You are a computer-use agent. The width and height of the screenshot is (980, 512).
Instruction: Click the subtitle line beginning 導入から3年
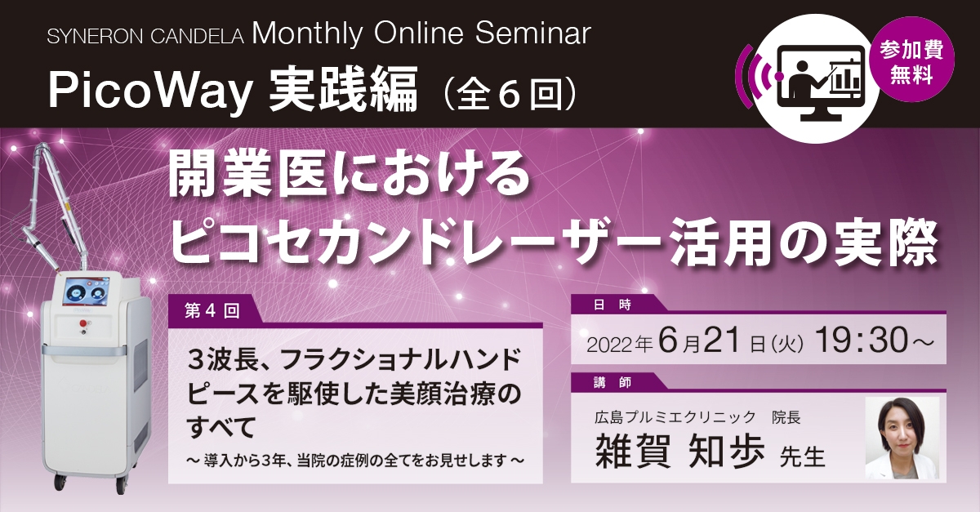pos(355,459)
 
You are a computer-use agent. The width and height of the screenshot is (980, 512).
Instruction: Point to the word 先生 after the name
pos(804,455)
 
